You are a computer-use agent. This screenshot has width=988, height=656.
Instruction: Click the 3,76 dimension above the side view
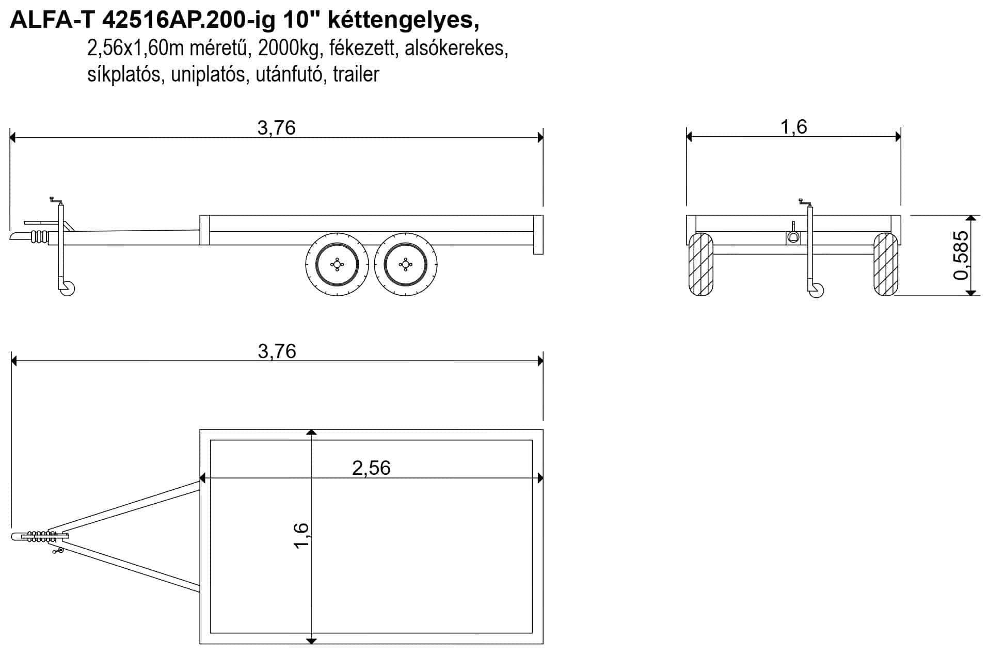pos(276,127)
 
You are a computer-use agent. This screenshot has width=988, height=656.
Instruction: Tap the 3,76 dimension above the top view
pos(277,351)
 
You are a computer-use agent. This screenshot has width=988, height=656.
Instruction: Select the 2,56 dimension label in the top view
pos(371,468)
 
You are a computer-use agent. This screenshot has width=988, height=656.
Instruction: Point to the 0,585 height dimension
pos(961,255)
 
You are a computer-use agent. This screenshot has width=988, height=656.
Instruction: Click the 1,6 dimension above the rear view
pos(793,127)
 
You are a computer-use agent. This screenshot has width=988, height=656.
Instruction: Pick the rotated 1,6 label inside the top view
pos(301,536)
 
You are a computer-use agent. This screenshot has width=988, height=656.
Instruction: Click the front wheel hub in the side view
pos(337,264)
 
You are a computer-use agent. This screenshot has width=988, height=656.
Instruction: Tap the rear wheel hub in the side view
pos(406,264)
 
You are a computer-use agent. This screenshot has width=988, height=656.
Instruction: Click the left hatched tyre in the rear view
pos(701,264)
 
